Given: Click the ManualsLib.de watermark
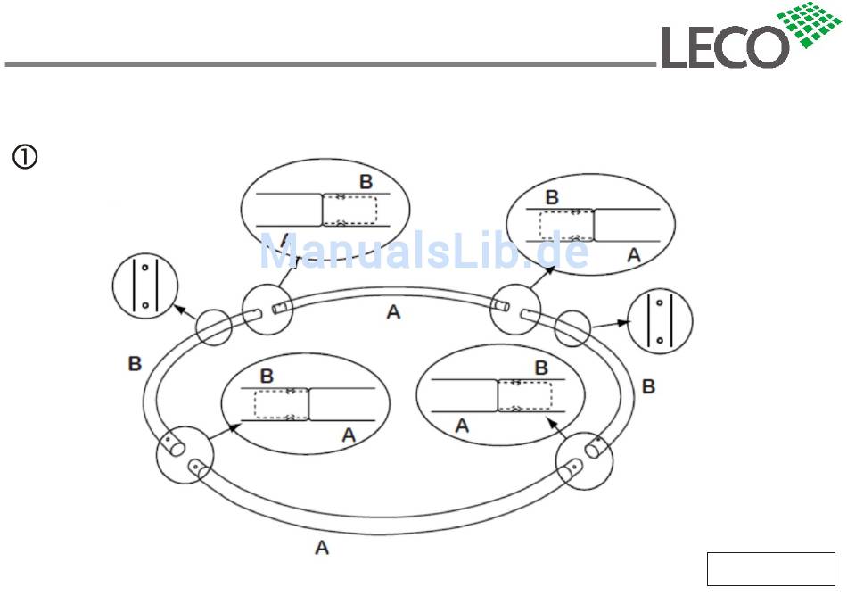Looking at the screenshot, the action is [x=423, y=252].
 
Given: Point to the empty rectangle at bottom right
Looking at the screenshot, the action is [x=769, y=569].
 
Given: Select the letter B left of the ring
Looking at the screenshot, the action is [x=135, y=363].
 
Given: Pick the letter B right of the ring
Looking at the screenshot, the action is [x=649, y=386].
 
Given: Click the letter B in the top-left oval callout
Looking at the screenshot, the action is [x=366, y=182].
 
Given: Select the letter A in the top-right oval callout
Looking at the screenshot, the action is [x=634, y=255].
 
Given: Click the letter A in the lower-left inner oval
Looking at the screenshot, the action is [x=349, y=435].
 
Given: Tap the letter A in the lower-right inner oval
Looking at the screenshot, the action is [x=462, y=426].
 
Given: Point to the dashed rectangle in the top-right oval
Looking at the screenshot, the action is [x=567, y=225].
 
